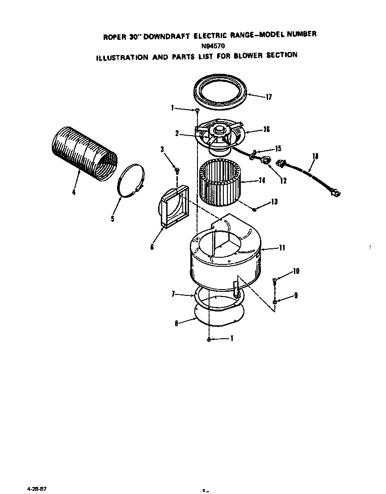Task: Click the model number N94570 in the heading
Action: (212, 46)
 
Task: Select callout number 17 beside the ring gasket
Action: (269, 97)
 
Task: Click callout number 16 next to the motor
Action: (266, 130)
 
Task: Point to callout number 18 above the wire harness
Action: (315, 156)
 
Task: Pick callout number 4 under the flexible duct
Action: (74, 192)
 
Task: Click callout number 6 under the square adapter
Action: (152, 247)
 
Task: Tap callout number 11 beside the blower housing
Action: (281, 248)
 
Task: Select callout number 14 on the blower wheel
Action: (261, 181)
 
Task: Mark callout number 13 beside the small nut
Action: (274, 202)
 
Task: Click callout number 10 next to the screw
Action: (296, 271)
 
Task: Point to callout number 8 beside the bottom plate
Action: (176, 324)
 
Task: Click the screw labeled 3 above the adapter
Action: (177, 170)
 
